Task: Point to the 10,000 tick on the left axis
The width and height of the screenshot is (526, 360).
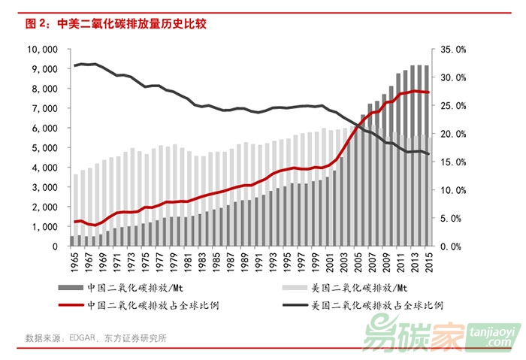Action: pyautogui.click(x=43, y=50)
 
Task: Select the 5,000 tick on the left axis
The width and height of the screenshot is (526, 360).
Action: pyautogui.click(x=46, y=148)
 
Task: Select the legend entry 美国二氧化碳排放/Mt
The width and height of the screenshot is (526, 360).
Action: pyautogui.click(x=353, y=287)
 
